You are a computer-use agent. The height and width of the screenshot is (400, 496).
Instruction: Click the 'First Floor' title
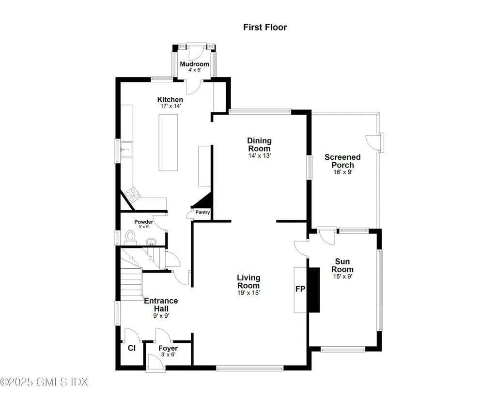click(x=264, y=27)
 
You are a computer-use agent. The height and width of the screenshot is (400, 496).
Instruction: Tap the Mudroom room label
click(x=194, y=64)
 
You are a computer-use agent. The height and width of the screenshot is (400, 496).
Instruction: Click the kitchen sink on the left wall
click(x=126, y=151)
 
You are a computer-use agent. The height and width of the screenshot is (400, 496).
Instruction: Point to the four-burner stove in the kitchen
click(x=132, y=195)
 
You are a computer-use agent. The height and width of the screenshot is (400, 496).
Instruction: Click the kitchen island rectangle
click(x=168, y=142)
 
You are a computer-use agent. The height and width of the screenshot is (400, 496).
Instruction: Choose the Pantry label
click(x=202, y=212)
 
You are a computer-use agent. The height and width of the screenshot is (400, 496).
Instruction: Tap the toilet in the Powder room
click(x=130, y=236)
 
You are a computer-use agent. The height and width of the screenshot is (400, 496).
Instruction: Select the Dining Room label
click(x=260, y=144)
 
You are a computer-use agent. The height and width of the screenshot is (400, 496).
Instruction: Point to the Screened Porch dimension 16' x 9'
click(x=342, y=172)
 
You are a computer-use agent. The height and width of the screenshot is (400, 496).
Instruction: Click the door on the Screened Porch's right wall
click(x=374, y=141)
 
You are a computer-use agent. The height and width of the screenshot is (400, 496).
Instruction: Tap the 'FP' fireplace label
click(x=300, y=289)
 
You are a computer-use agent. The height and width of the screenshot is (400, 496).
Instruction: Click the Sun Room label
click(x=342, y=265)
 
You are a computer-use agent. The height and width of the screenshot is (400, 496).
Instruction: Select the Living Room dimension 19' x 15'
click(x=248, y=292)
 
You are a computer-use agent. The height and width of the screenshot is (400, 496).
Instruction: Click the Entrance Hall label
click(x=161, y=304)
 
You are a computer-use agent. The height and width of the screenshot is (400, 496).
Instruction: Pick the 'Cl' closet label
click(x=131, y=348)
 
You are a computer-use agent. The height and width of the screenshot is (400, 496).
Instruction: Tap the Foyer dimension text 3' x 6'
click(x=168, y=354)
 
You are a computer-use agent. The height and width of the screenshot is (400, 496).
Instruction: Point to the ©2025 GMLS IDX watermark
click(x=45, y=382)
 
